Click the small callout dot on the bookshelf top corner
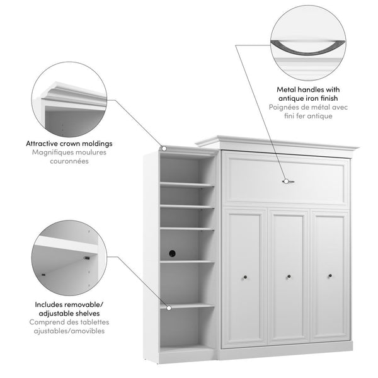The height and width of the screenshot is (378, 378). click(163, 149)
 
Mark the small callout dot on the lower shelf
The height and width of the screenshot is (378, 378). click(168, 307)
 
